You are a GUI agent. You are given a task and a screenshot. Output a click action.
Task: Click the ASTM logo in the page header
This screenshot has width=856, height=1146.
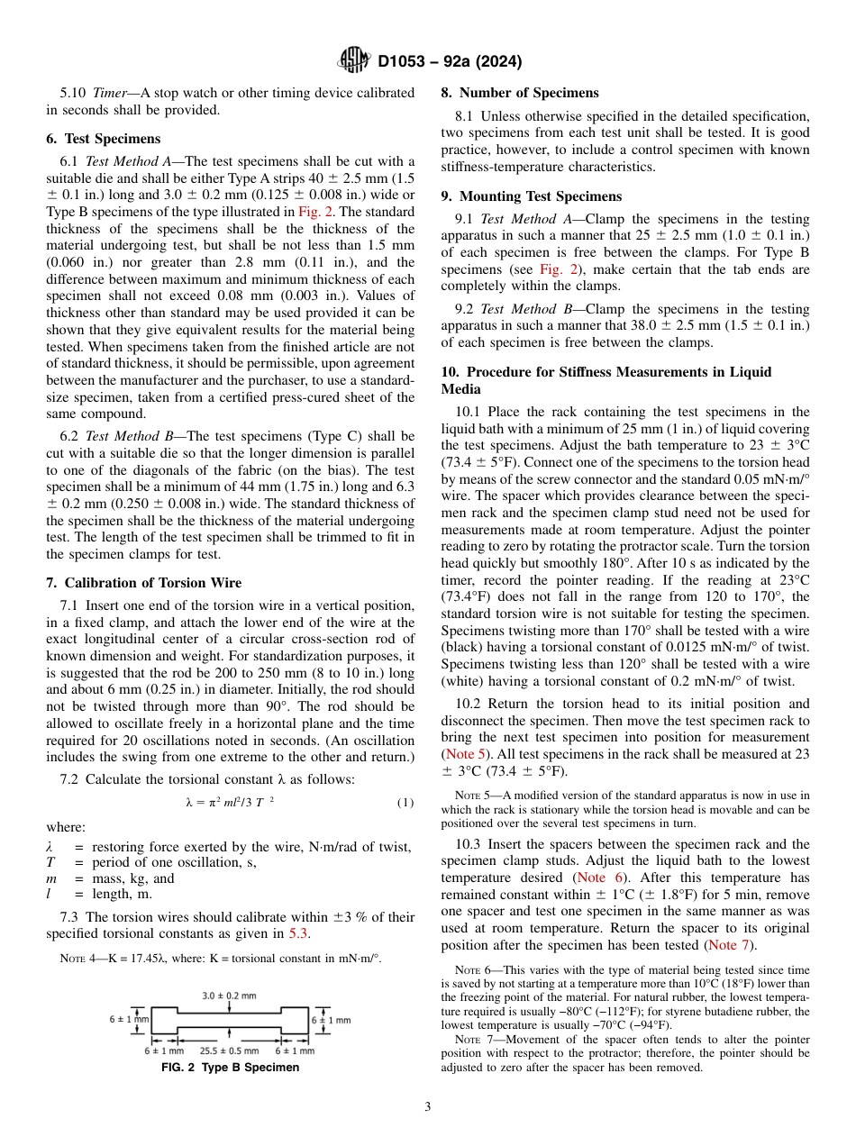353,61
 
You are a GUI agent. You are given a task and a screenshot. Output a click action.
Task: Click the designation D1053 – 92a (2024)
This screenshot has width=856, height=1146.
450,62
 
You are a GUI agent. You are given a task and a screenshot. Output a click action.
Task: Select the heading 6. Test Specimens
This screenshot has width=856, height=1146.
103,139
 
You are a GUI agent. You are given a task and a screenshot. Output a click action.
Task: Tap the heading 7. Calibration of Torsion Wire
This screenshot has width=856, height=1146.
143,583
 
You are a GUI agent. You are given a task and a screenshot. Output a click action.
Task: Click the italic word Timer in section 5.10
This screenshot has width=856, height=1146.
109,93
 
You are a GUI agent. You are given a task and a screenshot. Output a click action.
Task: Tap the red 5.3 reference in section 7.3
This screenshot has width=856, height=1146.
298,933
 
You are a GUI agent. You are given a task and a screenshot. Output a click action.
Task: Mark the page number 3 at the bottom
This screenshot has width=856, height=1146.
427,1107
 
